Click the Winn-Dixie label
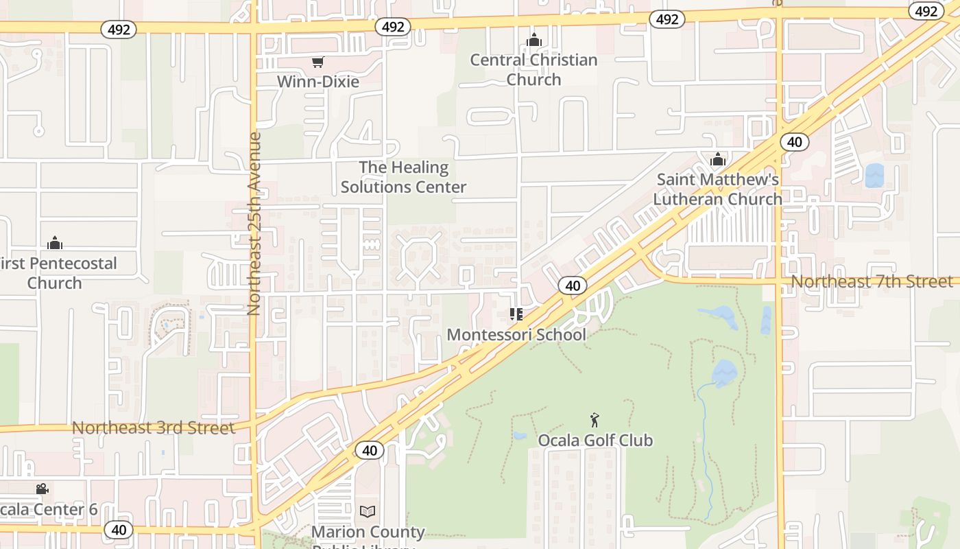317,82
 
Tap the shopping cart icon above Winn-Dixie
317,62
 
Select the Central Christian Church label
533,69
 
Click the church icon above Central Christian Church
534,40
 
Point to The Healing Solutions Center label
403,177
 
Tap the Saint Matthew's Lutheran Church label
717,189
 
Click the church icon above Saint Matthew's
718,159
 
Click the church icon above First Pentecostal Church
55,243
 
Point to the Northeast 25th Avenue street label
254,224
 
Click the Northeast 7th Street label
872,281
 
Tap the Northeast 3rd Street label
153,428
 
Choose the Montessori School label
516,334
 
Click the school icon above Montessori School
516,314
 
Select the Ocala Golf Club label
595,440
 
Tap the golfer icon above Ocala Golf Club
595,419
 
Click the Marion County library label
368,533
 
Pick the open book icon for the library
368,511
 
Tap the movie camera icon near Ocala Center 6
42,489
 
